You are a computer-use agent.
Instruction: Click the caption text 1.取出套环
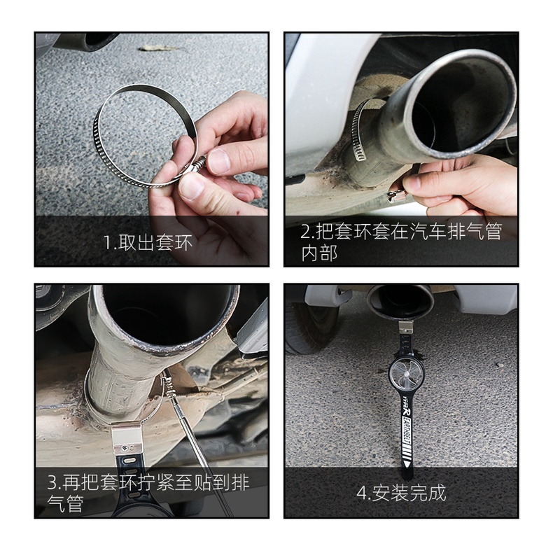tap(148, 244)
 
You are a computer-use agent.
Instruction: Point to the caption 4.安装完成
tap(401, 493)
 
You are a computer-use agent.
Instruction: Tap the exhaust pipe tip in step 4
tap(400, 302)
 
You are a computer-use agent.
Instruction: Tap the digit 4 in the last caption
tap(361, 493)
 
